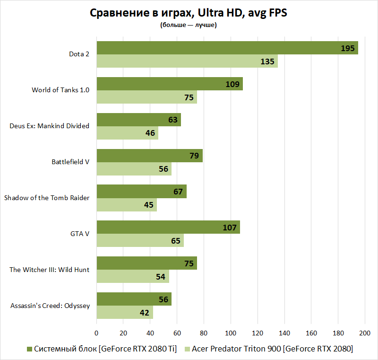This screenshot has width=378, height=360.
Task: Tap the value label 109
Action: [x=233, y=84]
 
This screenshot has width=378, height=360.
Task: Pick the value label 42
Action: [x=145, y=313]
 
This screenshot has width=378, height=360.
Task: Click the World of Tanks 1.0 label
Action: [x=60, y=90]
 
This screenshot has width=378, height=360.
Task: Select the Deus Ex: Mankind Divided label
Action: [x=50, y=126]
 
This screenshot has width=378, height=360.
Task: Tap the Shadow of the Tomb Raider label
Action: [x=47, y=198]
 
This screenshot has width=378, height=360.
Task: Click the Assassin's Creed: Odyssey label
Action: [x=50, y=306]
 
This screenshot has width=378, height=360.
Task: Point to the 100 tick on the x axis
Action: [x=231, y=334]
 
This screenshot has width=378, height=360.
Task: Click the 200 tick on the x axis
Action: [x=365, y=334]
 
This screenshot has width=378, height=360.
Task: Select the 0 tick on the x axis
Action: [x=96, y=334]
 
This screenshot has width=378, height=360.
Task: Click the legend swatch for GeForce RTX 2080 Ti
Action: [x=29, y=349]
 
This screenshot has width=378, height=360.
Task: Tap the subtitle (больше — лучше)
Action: [x=189, y=25]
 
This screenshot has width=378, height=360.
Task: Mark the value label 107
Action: [x=230, y=228]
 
